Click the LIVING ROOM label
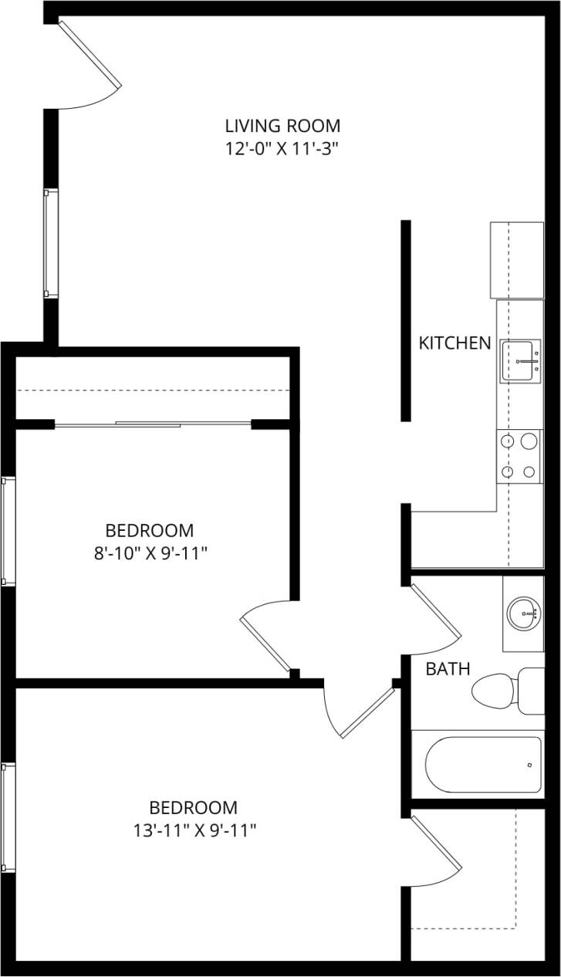coord(282,125)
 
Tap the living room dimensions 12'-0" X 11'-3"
coord(282,148)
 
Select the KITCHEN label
coord(455,343)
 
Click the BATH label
coord(448,668)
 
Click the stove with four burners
coord(519,456)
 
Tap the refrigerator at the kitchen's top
coord(517,260)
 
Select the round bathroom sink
coord(525,614)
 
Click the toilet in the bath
coord(505,691)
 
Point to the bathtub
coord(483,764)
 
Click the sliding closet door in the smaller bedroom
coord(153,424)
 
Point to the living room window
coord(50,243)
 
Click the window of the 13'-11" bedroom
coord(8,817)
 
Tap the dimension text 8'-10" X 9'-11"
coord(150,553)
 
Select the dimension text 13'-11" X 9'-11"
coord(194,830)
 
